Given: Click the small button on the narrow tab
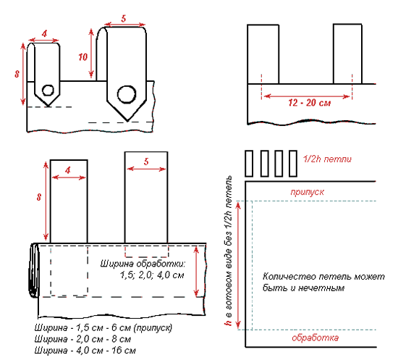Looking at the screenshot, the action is (48, 91).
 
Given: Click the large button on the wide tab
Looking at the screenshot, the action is (127, 94).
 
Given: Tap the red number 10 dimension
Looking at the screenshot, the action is (82, 57).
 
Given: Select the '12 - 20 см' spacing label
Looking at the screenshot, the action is (310, 103).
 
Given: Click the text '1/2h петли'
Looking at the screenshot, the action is (327, 159).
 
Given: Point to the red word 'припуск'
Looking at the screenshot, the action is (307, 192).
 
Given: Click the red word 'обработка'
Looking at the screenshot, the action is (315, 338).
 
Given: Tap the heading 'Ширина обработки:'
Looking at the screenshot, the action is (143, 264).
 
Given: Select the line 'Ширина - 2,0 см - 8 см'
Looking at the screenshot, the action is (82, 339).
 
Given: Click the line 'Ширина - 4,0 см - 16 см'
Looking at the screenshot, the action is (85, 351).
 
